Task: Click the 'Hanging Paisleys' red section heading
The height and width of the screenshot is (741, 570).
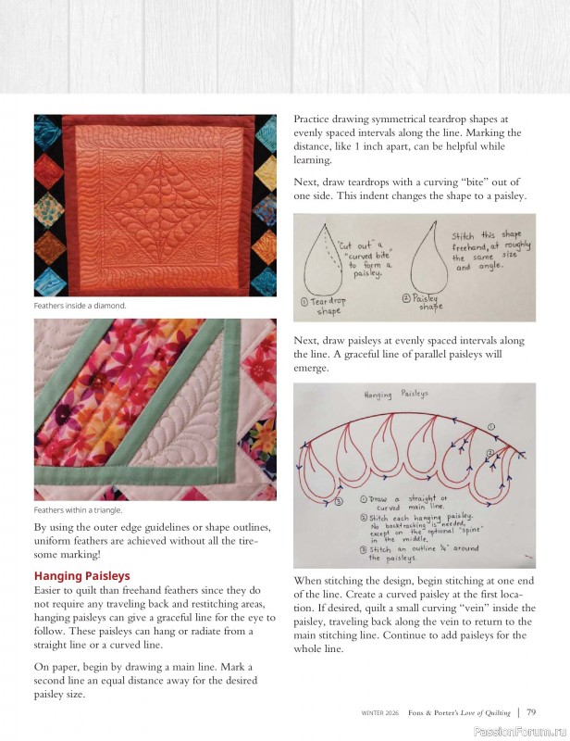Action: pyautogui.click(x=81, y=576)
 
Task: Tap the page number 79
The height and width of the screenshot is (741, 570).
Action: pyautogui.click(x=531, y=712)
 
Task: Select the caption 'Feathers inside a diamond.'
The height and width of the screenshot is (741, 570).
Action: pyautogui.click(x=80, y=305)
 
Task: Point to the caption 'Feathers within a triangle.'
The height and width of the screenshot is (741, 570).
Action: pyautogui.click(x=78, y=509)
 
